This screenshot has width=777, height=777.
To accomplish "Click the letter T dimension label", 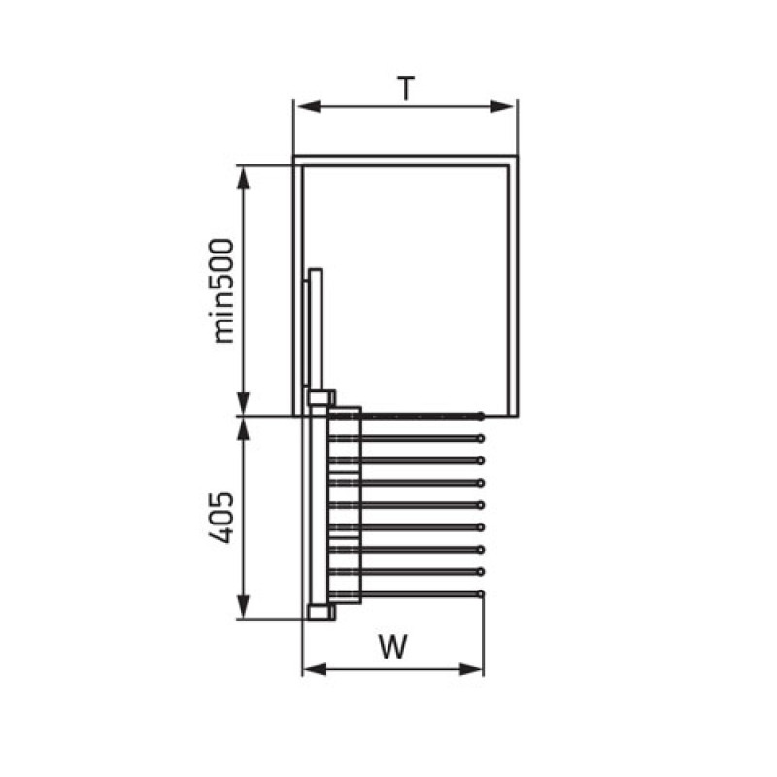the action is tap(406, 88).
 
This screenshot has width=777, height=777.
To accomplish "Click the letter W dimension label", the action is tap(393, 646).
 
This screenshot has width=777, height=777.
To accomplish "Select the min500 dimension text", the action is tap(222, 290).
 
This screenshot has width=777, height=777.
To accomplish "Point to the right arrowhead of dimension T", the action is tap(502, 106).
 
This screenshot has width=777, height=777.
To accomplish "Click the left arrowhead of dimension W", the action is tap(314, 670).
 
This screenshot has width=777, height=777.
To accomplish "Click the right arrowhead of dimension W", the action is tap(471, 670).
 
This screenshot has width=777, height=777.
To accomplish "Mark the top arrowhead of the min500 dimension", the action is tap(243, 178).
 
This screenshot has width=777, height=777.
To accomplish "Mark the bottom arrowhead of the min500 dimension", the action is tap(243, 403).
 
